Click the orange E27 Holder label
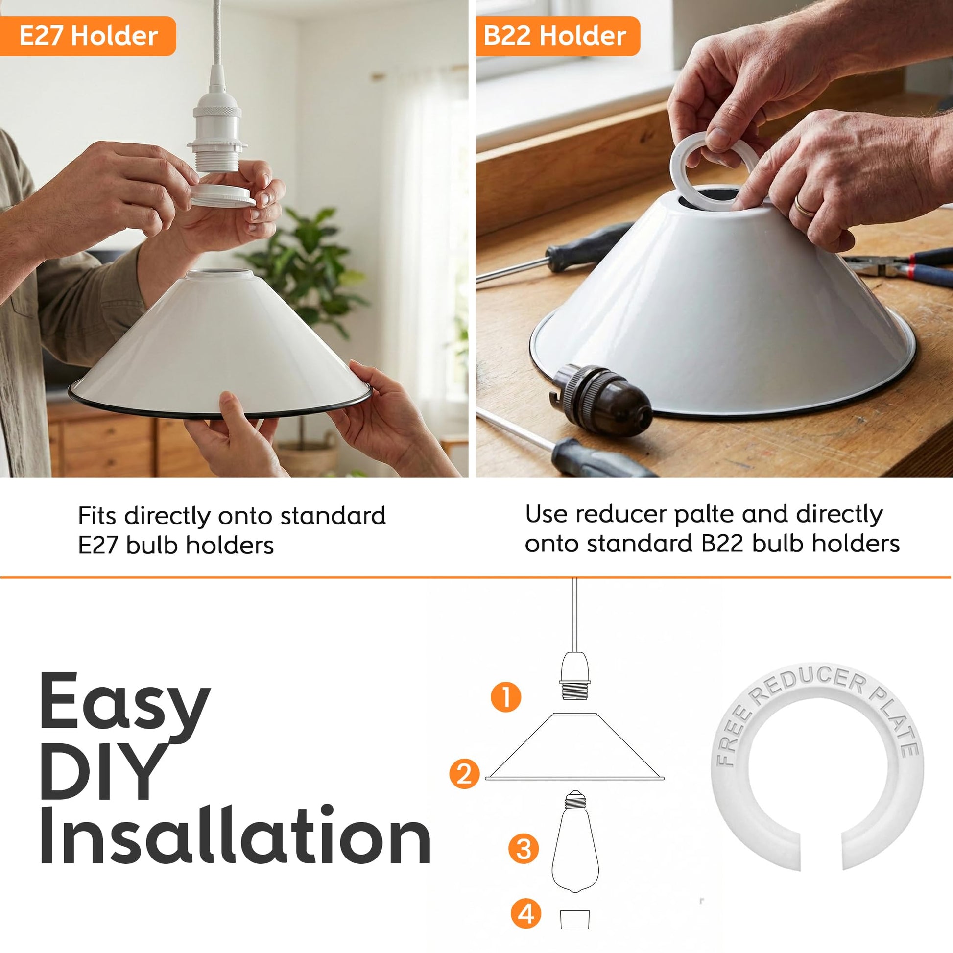pyautogui.click(x=88, y=36)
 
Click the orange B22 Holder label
pyautogui.click(x=557, y=36)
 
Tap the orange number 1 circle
pyautogui.click(x=506, y=696)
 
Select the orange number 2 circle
pyautogui.click(x=464, y=773)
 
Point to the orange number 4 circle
pyautogui.click(x=526, y=913)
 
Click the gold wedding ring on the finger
pyautogui.click(x=805, y=206)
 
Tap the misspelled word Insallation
pyautogui.click(x=235, y=834)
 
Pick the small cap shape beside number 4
pyautogui.click(x=575, y=917)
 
